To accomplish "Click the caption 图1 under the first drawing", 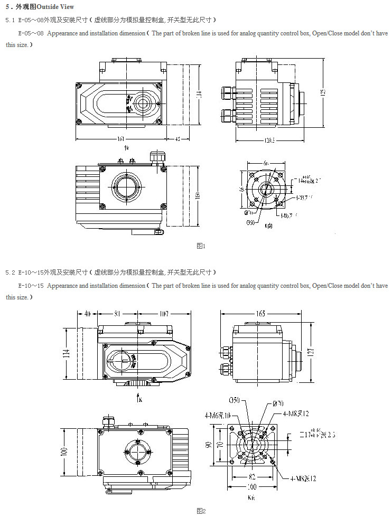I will point(200,246).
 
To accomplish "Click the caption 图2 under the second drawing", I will point(200,511).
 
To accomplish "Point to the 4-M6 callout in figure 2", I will point(218,416).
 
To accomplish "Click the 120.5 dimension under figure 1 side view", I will point(270,140).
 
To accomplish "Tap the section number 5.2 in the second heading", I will point(11,272).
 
